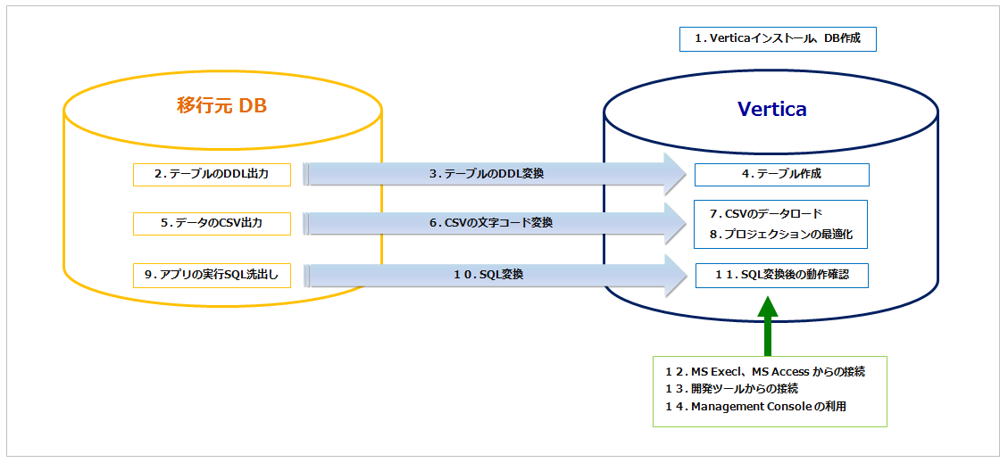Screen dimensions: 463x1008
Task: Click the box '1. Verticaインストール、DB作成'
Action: (x=778, y=38)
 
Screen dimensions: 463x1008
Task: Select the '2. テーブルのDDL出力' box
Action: (x=212, y=174)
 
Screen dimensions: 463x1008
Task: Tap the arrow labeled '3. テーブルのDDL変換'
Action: (x=487, y=174)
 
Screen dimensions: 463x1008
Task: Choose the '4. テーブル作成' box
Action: (x=781, y=174)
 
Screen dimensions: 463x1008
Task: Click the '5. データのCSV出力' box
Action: (x=212, y=223)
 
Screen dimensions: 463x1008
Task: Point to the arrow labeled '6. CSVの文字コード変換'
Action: (x=487, y=223)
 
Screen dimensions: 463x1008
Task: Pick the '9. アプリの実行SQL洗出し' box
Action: (x=212, y=275)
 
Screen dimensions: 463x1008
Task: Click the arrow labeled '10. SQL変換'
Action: (x=487, y=275)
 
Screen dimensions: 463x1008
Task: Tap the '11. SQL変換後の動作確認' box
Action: (x=781, y=275)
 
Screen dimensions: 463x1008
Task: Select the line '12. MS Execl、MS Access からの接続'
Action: (x=764, y=371)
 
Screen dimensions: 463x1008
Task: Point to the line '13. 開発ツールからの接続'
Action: (x=731, y=389)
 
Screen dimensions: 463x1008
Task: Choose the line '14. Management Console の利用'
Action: (x=754, y=407)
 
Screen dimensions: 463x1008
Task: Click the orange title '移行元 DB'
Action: (x=222, y=106)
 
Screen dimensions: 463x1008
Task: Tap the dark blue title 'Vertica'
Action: (x=771, y=109)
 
